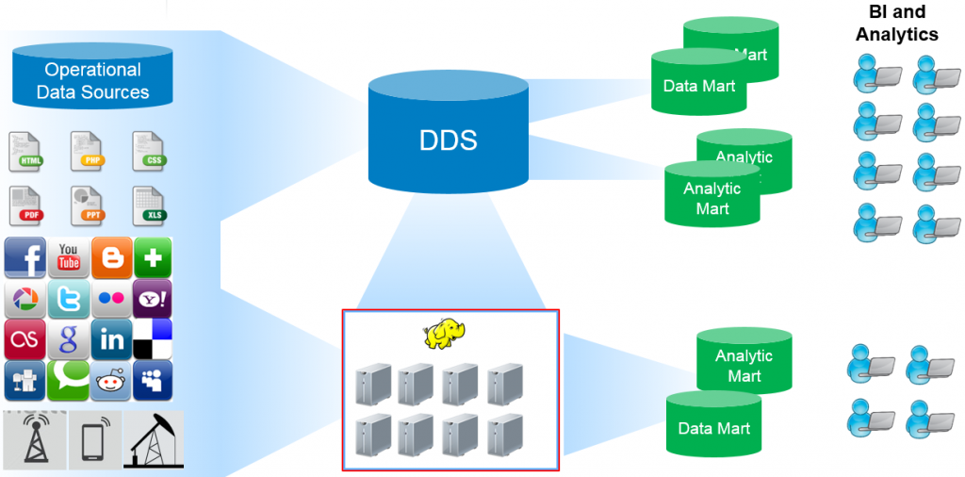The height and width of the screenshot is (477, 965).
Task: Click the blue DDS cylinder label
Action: coord(448,140)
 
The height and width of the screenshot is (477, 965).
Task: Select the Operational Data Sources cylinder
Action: coord(92,81)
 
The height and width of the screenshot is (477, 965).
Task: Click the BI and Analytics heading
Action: coord(896,24)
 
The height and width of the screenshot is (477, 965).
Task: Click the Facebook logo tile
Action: coord(25,258)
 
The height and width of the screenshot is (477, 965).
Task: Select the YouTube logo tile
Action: coord(69,258)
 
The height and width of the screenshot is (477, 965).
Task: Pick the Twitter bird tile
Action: coord(69,299)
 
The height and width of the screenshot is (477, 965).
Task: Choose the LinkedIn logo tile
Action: coord(111,339)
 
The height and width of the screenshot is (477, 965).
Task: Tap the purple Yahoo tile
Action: coord(152,299)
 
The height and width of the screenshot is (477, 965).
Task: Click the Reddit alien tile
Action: coord(111,380)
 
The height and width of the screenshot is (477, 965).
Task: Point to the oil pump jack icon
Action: coord(153,438)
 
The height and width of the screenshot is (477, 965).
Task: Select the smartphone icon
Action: coord(94,439)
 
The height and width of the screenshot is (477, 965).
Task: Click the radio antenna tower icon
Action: coord(35,438)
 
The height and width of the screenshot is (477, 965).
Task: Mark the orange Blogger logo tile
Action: coord(111,258)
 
